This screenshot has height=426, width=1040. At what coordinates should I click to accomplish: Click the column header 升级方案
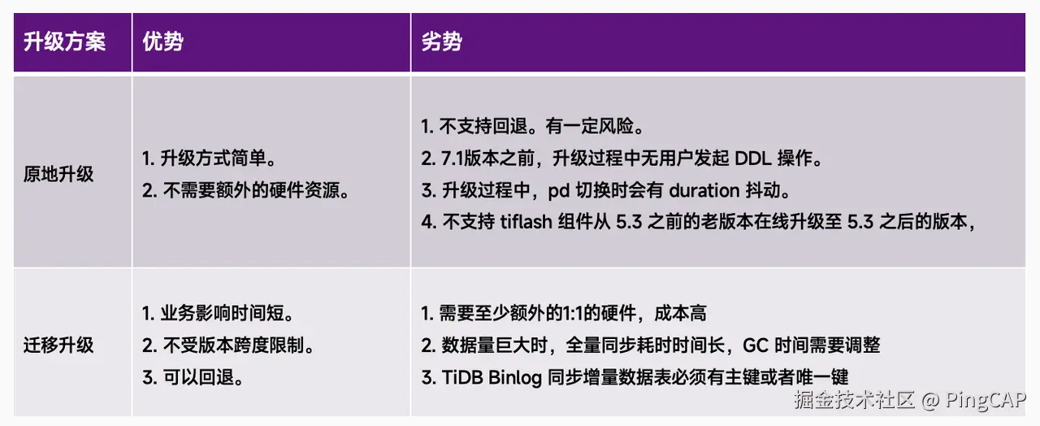64,42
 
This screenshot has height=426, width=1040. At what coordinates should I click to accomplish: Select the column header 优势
162,42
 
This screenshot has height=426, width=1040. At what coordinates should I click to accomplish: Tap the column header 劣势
441,42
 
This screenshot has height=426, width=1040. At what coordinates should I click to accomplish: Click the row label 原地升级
58,174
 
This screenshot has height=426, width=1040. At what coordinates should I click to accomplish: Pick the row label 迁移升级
58,345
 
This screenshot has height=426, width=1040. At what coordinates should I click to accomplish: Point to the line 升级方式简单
214,159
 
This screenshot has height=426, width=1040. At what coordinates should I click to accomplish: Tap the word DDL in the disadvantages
749,159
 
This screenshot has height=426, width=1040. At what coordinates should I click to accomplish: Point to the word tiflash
527,222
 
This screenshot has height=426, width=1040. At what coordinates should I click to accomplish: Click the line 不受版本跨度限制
228,345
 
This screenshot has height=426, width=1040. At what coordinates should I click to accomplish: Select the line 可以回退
193,377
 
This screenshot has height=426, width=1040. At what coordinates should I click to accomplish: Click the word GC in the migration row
756,345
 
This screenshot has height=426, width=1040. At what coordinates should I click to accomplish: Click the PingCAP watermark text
986,400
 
